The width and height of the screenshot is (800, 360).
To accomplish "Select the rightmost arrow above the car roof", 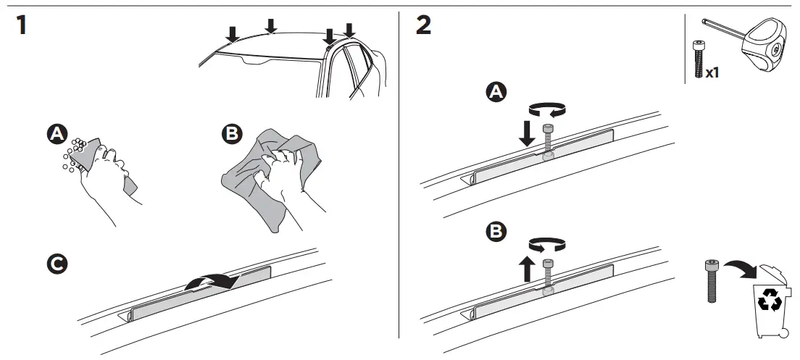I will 349,30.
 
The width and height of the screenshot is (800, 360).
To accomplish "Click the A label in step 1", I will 56,135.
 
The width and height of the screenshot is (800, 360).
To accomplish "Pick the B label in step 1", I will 231,135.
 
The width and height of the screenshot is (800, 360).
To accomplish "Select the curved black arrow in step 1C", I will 211,280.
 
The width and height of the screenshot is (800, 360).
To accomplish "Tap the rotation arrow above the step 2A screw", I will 548,109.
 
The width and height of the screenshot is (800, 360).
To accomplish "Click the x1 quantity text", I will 712,73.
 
